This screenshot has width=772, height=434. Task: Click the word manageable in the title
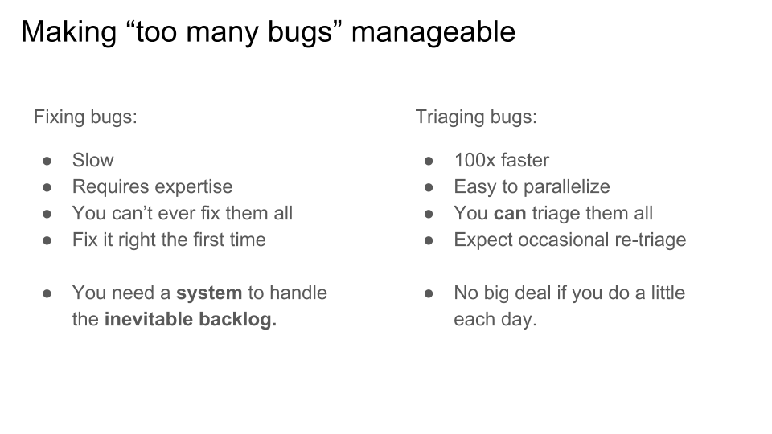coord(433,32)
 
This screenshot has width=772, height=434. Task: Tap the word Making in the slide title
coord(68,32)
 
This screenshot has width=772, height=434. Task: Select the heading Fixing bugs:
coord(85,117)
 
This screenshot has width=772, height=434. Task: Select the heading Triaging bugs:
coord(476,117)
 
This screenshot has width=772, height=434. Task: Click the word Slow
coord(93,160)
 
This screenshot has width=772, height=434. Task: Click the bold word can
coord(510,214)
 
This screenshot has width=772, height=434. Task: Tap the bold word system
coord(209,293)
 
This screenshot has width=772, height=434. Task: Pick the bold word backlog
coord(238,319)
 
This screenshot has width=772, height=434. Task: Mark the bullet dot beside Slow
coord(47,161)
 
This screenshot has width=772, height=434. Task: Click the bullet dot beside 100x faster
coord(429,161)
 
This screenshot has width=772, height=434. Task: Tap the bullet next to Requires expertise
coord(47,187)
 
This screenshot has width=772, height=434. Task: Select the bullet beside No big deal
coord(429,294)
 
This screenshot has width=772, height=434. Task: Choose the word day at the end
coord(519,321)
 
